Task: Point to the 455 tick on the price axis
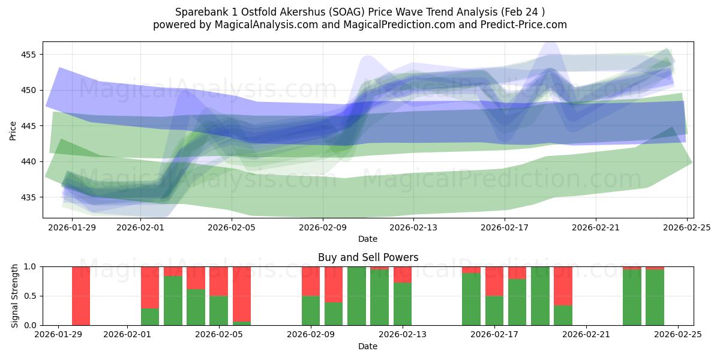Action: pos(28,55)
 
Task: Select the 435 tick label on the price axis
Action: pos(28,197)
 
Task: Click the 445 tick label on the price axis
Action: pos(28,126)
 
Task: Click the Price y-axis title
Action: pos(13,130)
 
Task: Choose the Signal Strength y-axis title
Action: pos(15,296)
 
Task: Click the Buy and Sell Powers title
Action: pos(368,257)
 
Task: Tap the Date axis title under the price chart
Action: pos(368,239)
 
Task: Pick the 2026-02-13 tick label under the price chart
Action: pos(414,227)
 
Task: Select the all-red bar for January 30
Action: pos(81,296)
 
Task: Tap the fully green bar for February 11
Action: pos(356,296)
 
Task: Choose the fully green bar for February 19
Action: pos(540,296)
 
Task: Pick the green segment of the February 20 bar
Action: pos(563,316)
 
